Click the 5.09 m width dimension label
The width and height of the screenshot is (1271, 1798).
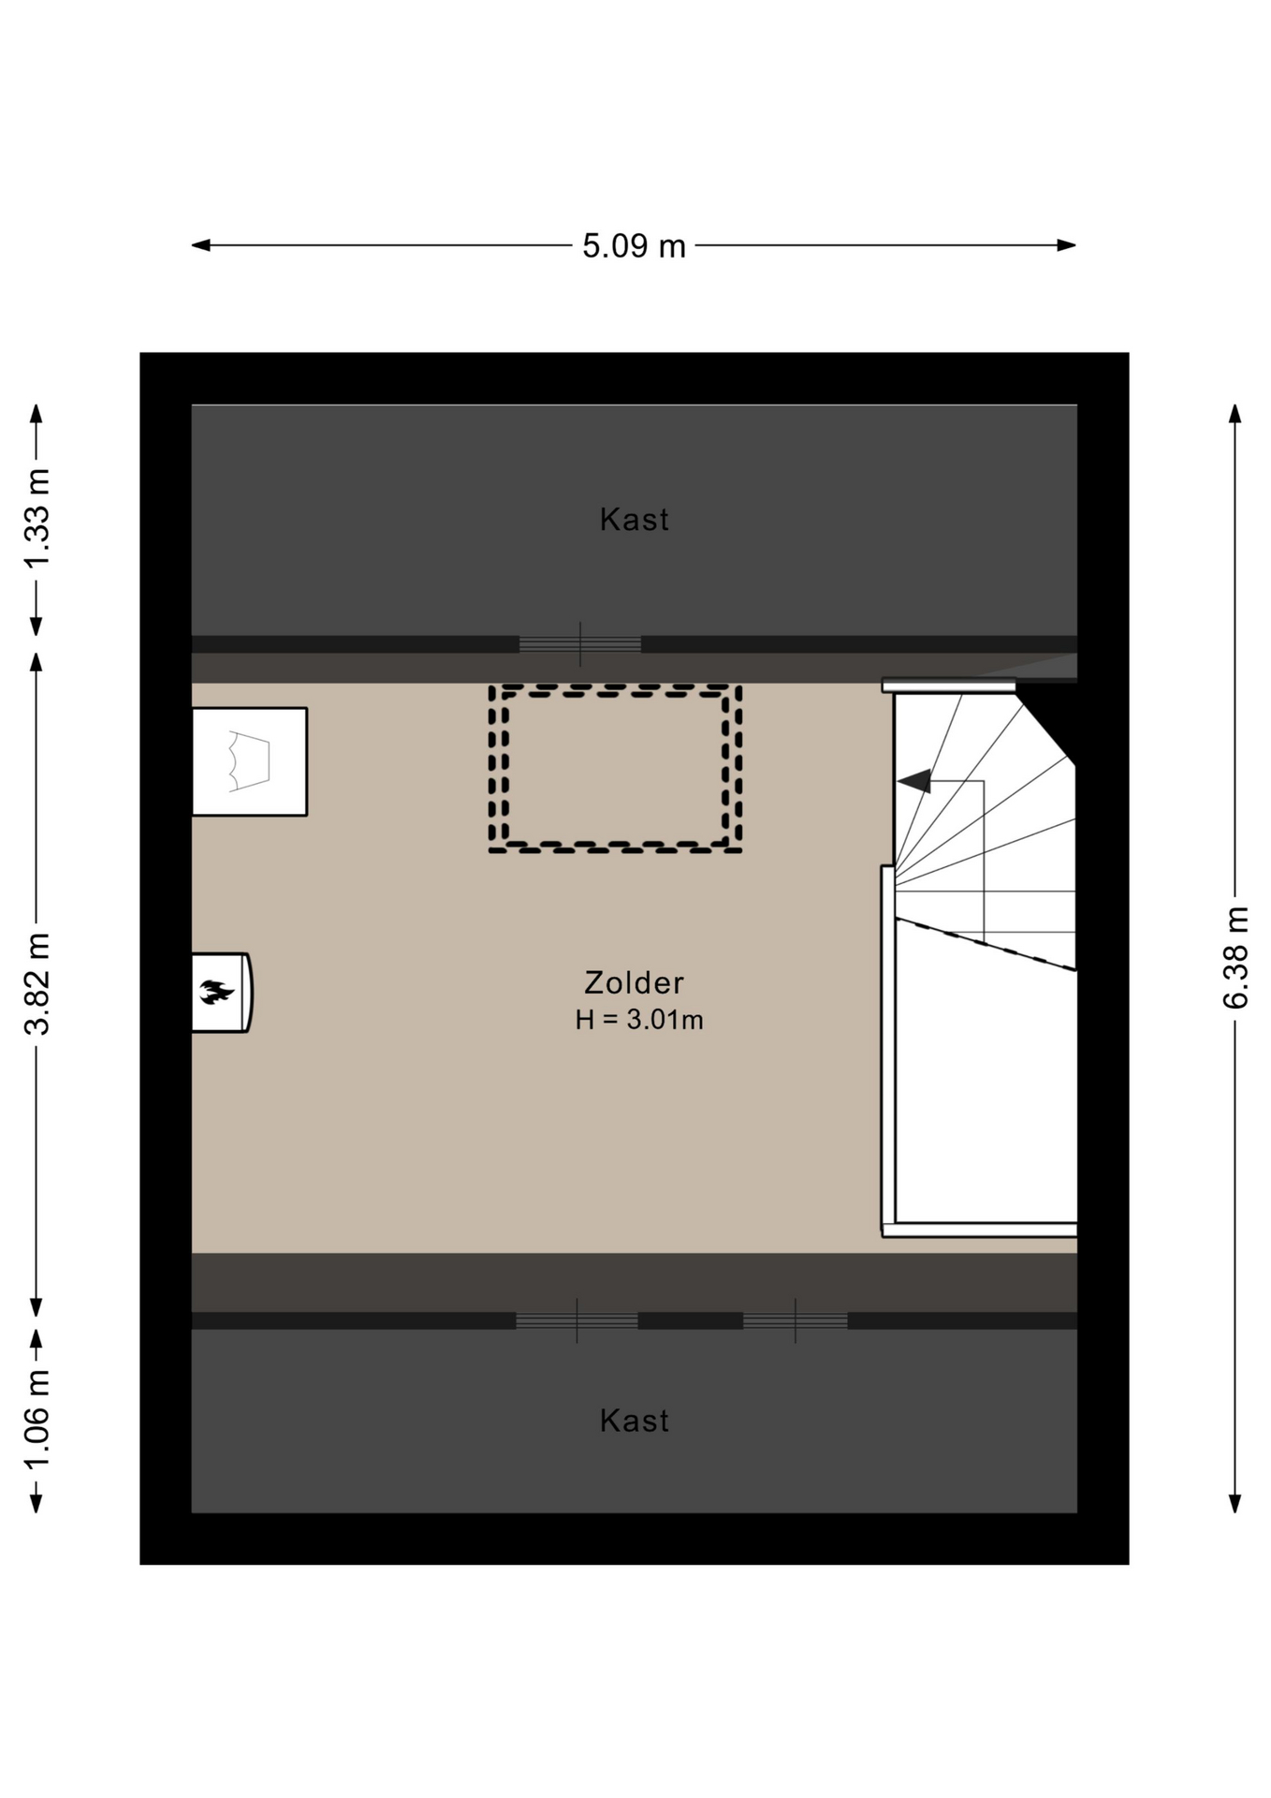coord(634,246)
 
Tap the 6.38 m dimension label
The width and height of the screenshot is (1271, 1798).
coord(1235,956)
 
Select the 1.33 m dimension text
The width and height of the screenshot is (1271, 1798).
coord(37,518)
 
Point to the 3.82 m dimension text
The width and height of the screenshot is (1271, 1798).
coord(37,983)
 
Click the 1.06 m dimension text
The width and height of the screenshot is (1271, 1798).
coord(37,1420)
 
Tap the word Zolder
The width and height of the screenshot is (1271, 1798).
coord(634,982)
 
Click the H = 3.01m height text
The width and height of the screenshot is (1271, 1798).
coord(639,1020)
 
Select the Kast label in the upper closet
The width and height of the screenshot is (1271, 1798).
coord(635,519)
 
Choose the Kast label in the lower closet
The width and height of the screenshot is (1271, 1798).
coord(635,1421)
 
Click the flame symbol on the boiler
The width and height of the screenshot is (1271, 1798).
coord(216,992)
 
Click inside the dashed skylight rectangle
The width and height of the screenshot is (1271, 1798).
coord(615,768)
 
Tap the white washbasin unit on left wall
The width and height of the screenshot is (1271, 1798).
coord(250,761)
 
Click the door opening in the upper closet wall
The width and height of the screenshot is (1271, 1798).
coord(580,644)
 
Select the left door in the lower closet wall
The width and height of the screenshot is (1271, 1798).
coord(577,1320)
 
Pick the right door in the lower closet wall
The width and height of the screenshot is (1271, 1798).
coord(796,1320)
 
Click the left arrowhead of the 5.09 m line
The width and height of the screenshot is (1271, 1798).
coord(200,245)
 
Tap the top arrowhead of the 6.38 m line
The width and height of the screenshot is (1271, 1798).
coord(1235,414)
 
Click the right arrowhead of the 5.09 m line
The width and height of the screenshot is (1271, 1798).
coord(1067,245)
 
